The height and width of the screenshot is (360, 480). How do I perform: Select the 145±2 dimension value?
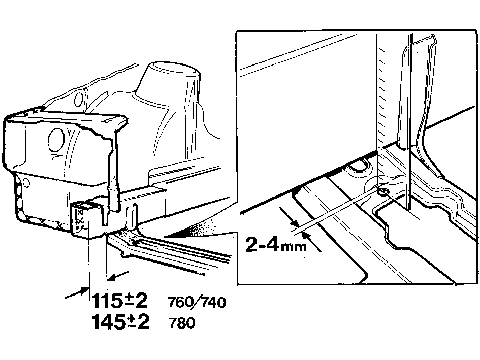point(120,321)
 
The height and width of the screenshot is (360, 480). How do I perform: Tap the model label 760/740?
point(197,303)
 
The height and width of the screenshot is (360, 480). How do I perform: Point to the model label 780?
point(182,322)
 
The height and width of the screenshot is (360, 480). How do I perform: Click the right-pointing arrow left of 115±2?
point(77,292)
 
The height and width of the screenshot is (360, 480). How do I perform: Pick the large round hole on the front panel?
point(56,140)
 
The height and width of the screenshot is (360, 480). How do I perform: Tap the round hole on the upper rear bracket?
point(79,99)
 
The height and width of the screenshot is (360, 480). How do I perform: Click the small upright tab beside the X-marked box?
point(132,217)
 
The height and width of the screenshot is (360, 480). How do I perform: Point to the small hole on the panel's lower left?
point(26,183)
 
